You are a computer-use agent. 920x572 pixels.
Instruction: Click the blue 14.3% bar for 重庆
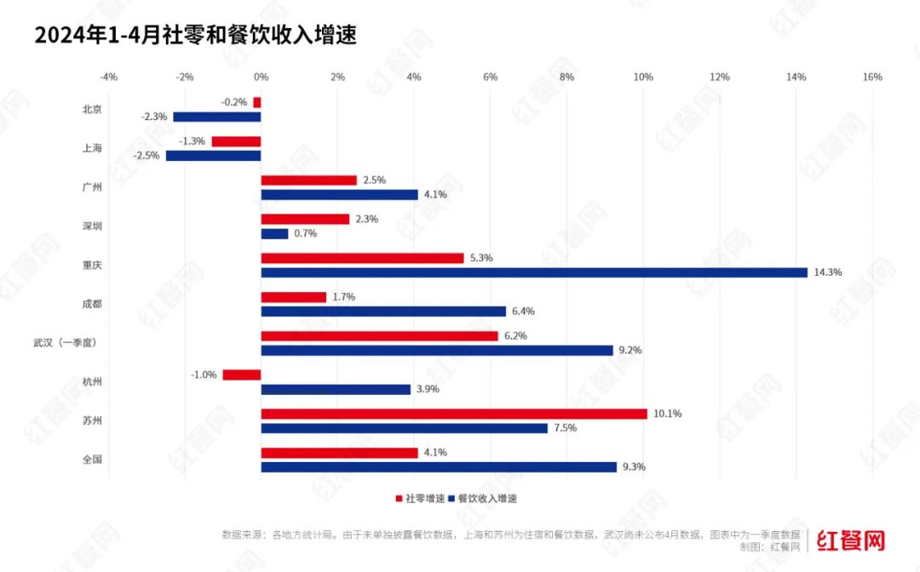coord(534,272)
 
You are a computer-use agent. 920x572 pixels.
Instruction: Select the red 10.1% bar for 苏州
coord(454,414)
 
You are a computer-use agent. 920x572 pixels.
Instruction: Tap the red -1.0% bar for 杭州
coord(242,375)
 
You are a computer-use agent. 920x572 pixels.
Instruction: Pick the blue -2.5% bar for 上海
coord(213,156)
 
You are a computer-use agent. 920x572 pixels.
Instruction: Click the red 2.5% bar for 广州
coord(308,180)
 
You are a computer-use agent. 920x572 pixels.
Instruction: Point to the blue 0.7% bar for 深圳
coord(274,233)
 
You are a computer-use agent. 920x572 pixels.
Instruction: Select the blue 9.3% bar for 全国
coord(439,467)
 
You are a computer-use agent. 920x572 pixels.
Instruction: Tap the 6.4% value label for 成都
coord(523,312)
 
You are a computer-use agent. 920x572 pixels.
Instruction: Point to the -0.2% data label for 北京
coord(234,102)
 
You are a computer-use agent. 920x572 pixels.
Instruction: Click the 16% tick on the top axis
coord(872,77)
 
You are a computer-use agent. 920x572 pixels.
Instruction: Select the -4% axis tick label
coord(108,77)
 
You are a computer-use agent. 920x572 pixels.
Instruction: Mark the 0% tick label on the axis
coord(262,77)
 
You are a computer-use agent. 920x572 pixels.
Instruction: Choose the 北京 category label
coord(92,109)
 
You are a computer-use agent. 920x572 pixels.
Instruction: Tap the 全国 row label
coord(92,460)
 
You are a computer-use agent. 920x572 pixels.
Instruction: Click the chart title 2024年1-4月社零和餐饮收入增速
coord(195,36)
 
